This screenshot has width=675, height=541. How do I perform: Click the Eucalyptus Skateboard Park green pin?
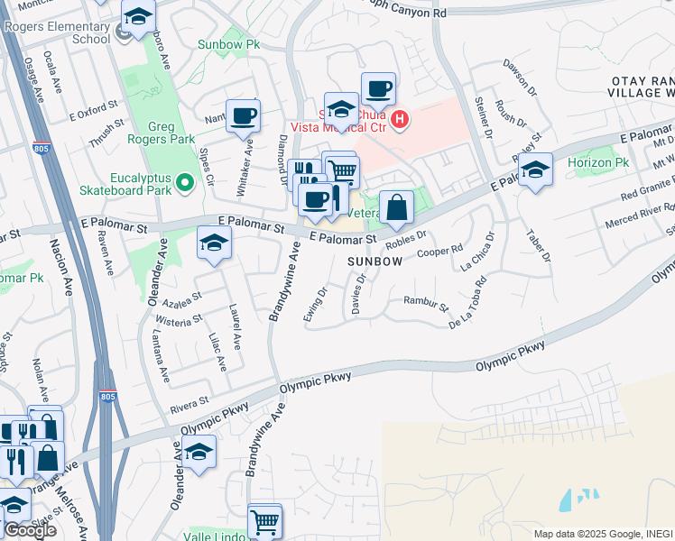click(x=186, y=184)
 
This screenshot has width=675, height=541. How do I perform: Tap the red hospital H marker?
click(x=400, y=118)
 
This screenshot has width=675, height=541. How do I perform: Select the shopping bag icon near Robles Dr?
click(x=396, y=207)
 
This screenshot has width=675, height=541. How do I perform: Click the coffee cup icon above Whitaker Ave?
click(x=243, y=115)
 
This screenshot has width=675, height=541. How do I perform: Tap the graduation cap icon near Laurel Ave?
click(x=214, y=243)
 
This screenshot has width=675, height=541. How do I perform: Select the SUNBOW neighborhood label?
click(x=375, y=261)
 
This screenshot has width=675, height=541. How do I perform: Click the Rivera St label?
click(x=190, y=399)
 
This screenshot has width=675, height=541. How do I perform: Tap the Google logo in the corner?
click(x=30, y=529)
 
